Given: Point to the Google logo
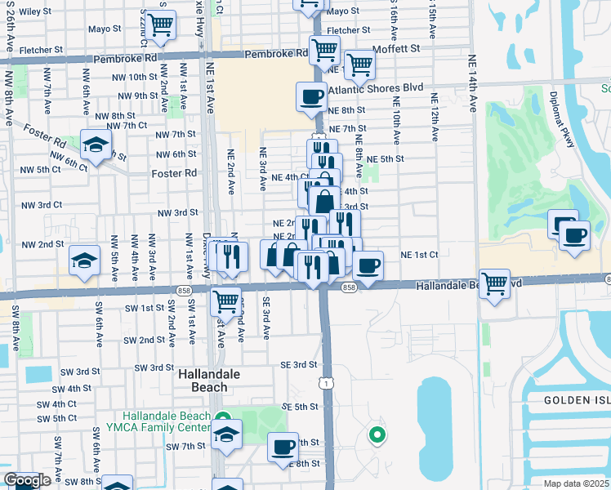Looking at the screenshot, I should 27,481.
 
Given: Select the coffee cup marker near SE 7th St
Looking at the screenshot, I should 283,447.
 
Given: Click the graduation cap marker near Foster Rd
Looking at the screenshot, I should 96,145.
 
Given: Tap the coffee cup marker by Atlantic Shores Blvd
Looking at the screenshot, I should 311,97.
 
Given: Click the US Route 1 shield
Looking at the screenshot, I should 327,382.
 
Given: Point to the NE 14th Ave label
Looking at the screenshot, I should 473,92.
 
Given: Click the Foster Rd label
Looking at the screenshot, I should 174,173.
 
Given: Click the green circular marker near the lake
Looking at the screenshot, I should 377,434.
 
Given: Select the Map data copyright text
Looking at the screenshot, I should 577,483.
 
